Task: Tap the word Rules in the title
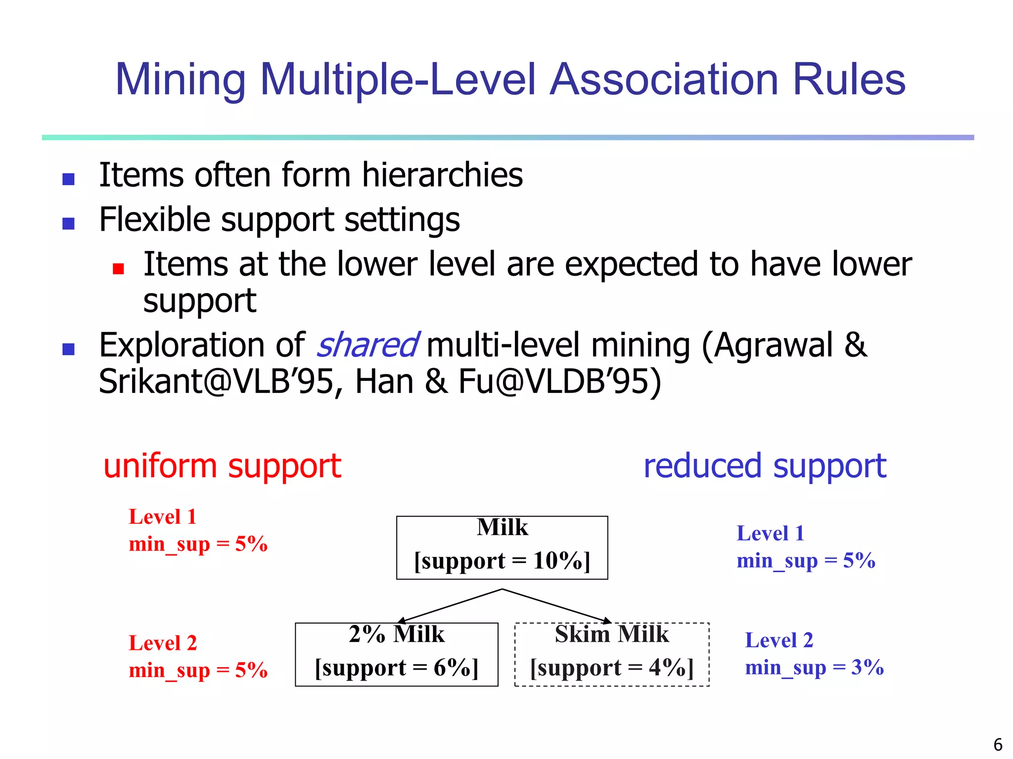849,80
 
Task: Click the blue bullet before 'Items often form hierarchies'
68,179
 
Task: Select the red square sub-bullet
118,268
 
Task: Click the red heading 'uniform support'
222,466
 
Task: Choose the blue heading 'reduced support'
765,466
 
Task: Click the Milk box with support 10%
502,548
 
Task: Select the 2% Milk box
396,654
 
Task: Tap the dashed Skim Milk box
612,654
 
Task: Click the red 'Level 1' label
163,517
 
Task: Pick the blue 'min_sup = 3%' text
814,668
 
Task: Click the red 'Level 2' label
163,643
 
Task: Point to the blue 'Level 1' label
770,534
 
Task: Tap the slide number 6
998,745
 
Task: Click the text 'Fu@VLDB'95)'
559,382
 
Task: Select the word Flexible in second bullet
153,220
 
